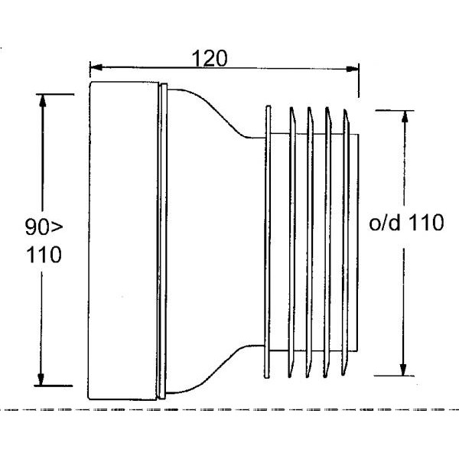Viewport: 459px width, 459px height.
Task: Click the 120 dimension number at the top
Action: pos(209,59)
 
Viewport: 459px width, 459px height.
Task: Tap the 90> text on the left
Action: pos(43,227)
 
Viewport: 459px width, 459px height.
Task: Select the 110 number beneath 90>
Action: pos(44,254)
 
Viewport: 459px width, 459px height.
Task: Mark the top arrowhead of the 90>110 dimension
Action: pos(42,99)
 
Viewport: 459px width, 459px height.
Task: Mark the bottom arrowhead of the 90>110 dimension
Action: pos(42,379)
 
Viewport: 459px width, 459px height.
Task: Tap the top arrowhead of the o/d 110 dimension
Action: pos(402,117)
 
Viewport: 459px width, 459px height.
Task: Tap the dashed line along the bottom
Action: pos(229,411)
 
